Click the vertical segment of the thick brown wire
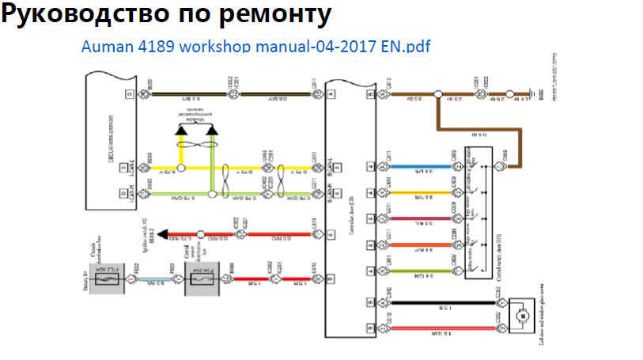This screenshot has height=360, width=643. click(x=437, y=112)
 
